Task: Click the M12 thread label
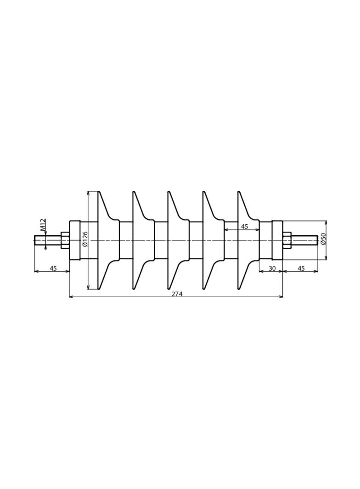coord(44,224)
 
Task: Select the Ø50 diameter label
coord(323,239)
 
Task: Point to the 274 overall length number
coord(176,294)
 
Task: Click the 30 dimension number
coord(272,268)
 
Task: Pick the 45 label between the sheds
coord(244,227)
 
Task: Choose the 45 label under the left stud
coord(53,268)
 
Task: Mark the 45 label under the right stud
coord(301,268)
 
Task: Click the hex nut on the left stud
coord(65,240)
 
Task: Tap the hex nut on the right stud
coord(287,240)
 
